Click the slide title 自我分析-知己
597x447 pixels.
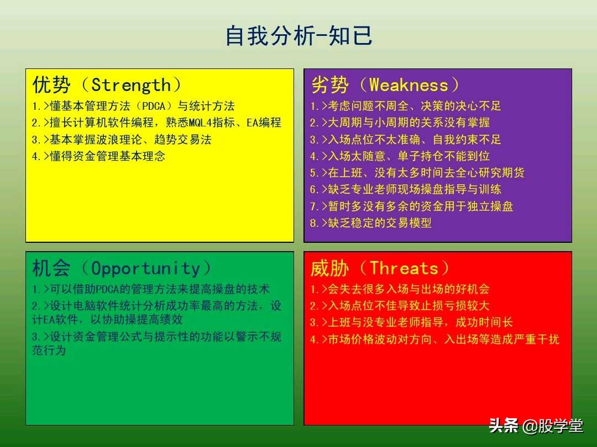[298, 36]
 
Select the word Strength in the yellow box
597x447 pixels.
[131, 85]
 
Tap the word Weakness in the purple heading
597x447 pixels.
[409, 85]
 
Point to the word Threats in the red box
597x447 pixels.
[404, 269]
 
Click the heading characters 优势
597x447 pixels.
[51, 85]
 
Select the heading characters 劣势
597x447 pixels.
[330, 85]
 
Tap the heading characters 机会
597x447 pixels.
[51, 269]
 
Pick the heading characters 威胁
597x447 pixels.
[330, 269]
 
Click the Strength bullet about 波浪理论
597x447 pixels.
[122, 140]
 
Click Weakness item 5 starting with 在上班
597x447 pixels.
[417, 173]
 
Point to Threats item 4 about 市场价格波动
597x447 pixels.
[434, 339]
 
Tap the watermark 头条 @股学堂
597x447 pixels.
[536, 426]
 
